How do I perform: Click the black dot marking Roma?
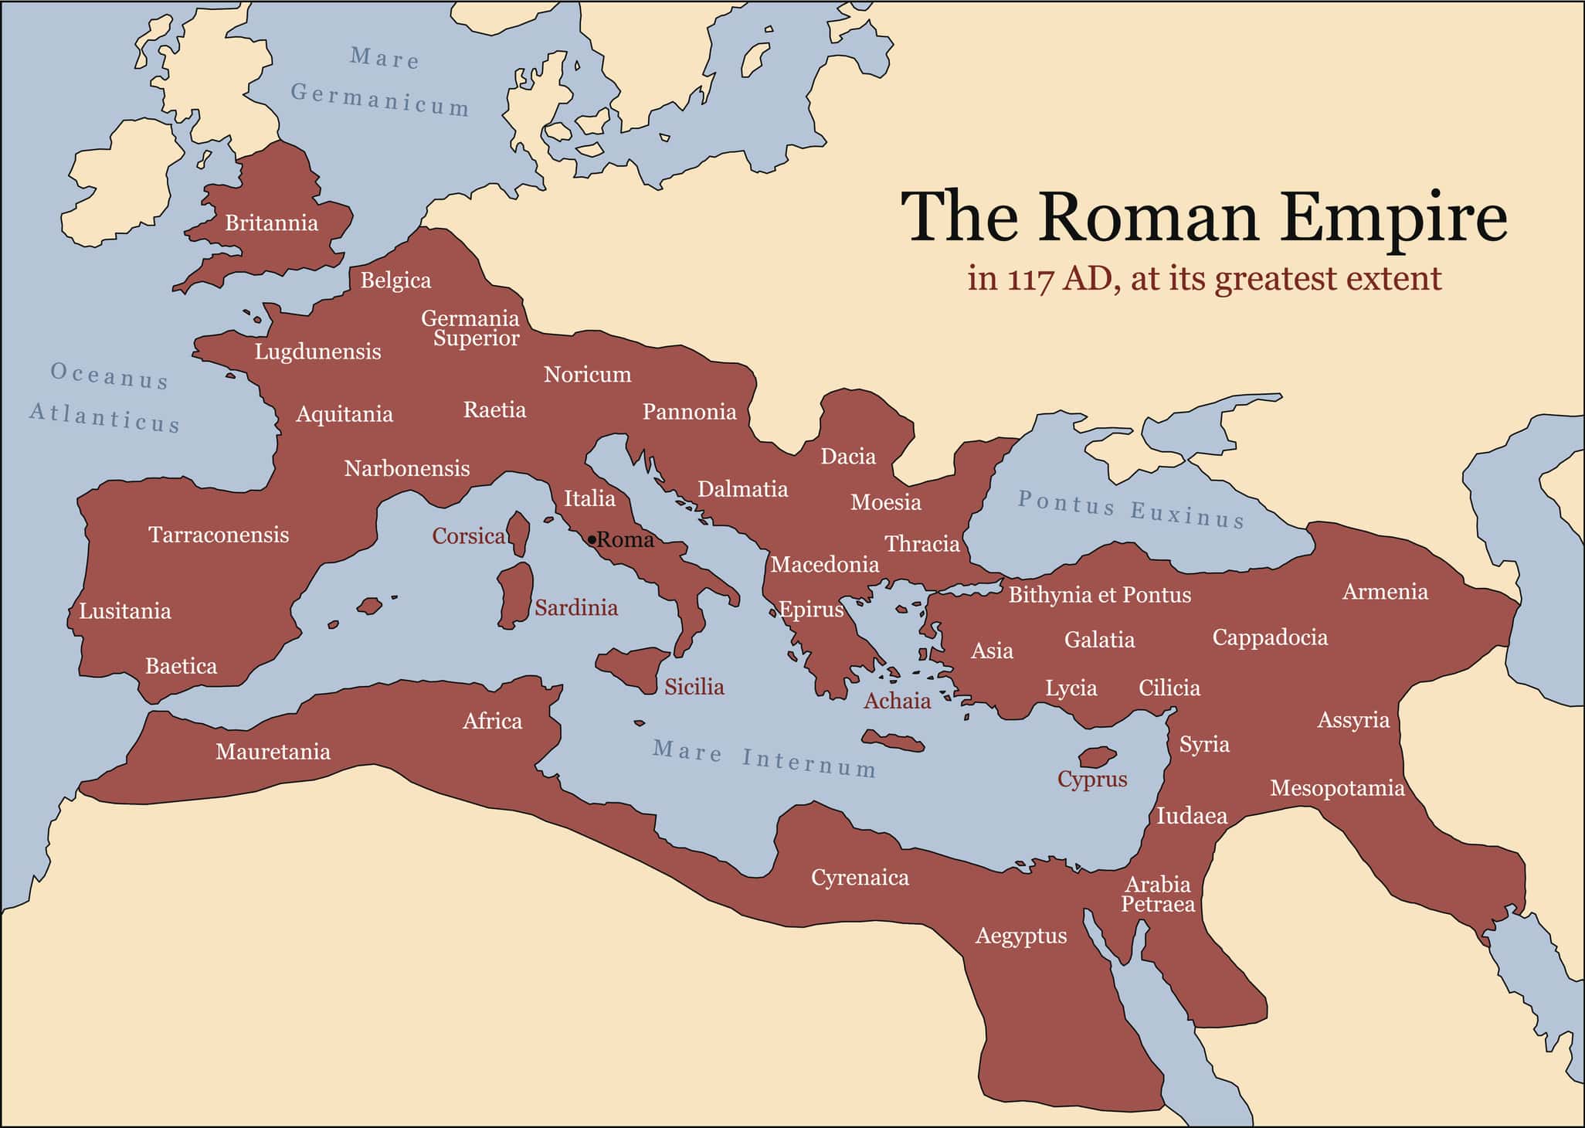592,539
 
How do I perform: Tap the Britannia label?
271,223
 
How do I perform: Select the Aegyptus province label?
1020,936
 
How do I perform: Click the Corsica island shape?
519,533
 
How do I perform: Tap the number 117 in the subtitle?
1030,279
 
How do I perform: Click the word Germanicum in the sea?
380,100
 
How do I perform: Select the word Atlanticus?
105,417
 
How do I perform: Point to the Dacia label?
847,457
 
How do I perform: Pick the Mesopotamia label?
1336,788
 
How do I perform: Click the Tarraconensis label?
219,535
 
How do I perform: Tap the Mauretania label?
273,752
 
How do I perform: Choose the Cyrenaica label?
860,878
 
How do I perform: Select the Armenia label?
1385,592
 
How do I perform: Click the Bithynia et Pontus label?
1099,595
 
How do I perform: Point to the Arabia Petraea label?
1157,894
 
